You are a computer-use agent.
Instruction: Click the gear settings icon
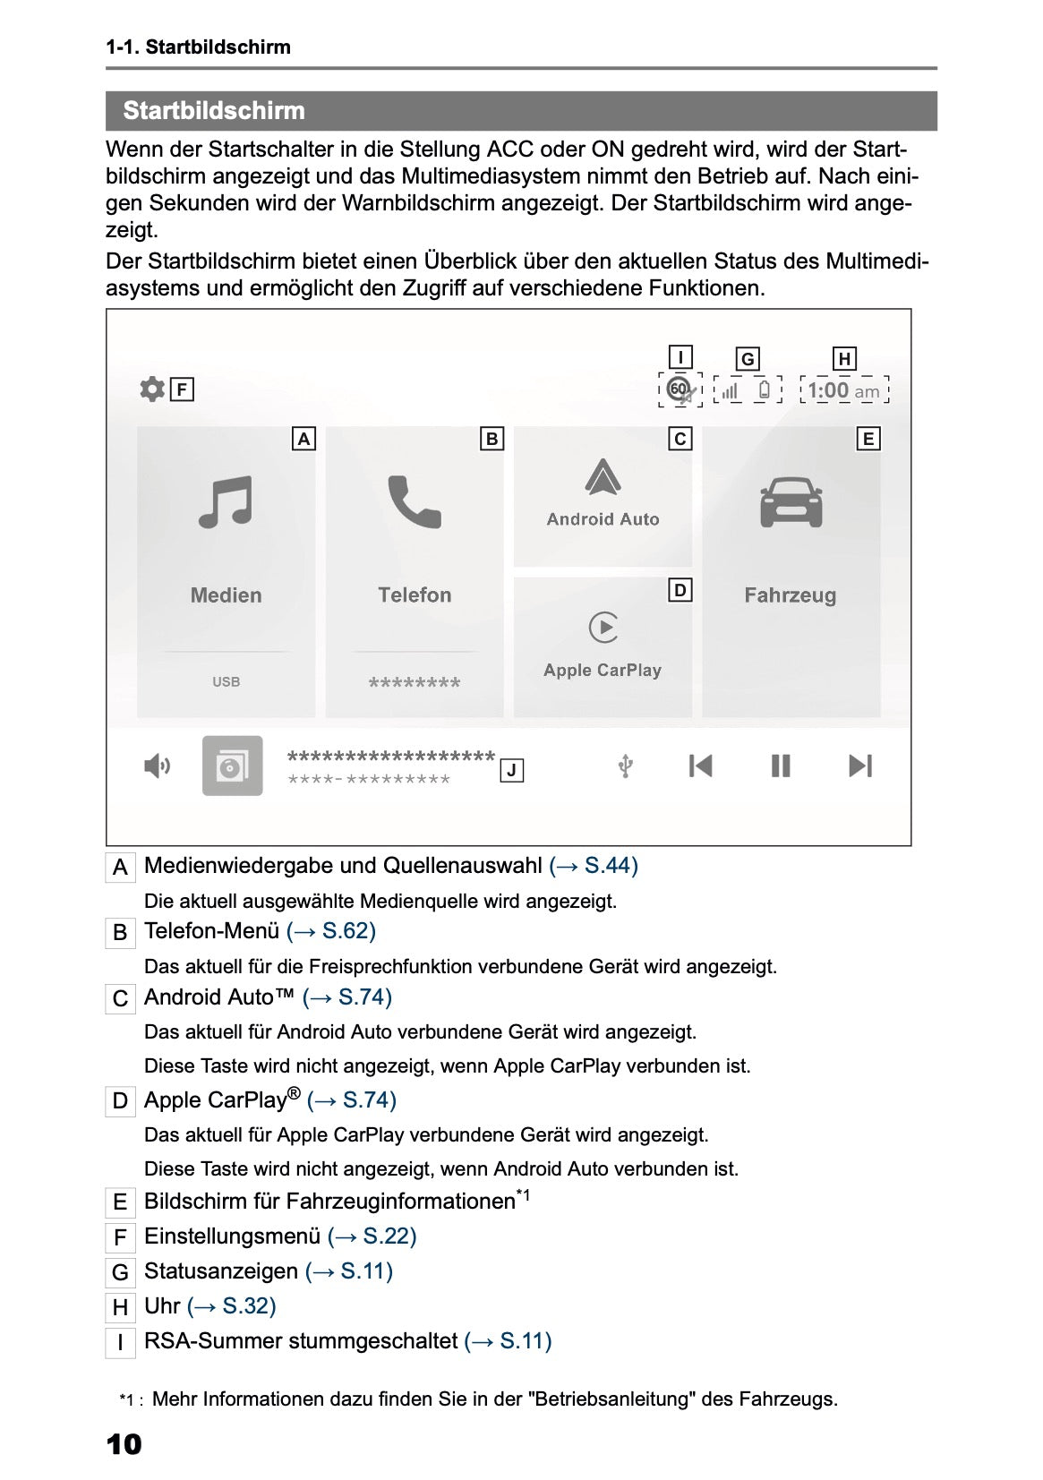tap(152, 389)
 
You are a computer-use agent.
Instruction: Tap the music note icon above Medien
tap(226, 502)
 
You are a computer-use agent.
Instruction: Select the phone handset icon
tap(415, 502)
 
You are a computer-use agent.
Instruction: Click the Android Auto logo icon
tap(603, 477)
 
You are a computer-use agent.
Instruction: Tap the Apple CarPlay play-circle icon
tap(603, 628)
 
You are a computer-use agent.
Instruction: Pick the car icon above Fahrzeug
tap(791, 502)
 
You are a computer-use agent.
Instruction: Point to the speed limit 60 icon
tap(680, 389)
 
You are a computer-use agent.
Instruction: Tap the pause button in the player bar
tap(781, 766)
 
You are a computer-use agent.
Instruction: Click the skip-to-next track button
tap(859, 766)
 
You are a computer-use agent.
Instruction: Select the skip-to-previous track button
tap(700, 766)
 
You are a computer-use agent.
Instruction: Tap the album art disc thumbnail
tap(233, 766)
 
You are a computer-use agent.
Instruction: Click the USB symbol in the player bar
tap(627, 766)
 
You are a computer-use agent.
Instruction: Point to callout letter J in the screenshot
tap(511, 771)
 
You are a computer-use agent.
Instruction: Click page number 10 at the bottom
tap(124, 1444)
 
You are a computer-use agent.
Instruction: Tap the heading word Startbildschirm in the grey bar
tap(214, 111)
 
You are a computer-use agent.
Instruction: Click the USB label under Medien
tap(226, 682)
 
